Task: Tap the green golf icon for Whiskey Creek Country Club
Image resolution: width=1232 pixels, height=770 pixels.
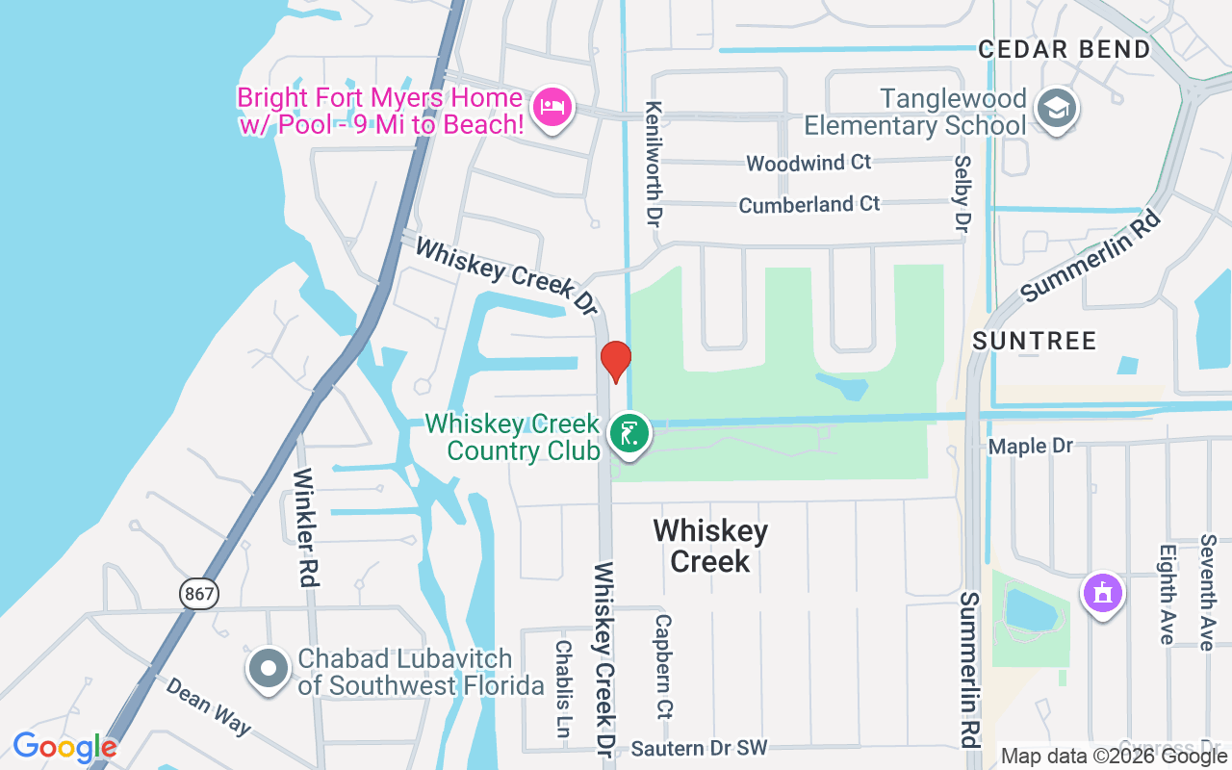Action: [x=629, y=434]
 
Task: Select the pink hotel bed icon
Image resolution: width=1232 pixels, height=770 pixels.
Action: [x=552, y=105]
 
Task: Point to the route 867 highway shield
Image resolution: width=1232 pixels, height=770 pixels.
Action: [x=199, y=594]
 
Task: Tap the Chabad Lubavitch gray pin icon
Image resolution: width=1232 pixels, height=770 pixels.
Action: [x=269, y=667]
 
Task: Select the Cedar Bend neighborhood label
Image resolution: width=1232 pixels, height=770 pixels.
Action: [x=1065, y=49]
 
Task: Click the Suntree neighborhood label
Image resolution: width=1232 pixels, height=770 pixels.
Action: [x=1034, y=341]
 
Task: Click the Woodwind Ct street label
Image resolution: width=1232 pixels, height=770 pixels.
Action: [x=808, y=163]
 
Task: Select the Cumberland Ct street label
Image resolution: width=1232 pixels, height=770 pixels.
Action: [x=808, y=204]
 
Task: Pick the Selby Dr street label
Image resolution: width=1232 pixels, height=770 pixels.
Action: [x=961, y=193]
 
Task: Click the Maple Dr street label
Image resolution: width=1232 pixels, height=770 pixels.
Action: [x=1030, y=447]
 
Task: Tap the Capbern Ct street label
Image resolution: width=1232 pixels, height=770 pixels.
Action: [x=662, y=666]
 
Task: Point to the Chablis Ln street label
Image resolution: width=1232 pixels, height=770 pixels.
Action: [x=564, y=687]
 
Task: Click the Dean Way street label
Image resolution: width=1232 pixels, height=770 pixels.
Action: [x=207, y=706]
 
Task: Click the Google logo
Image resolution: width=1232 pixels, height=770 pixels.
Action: [x=64, y=747]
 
